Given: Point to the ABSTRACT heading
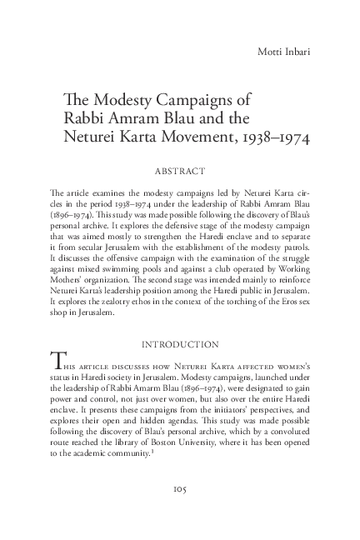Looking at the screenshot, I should click(179, 172).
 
